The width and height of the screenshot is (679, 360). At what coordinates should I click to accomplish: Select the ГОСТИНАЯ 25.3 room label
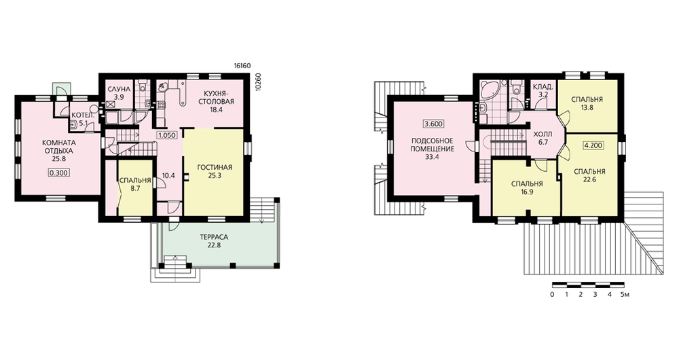point(215,172)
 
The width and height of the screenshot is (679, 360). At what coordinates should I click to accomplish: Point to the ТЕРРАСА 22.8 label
point(214,241)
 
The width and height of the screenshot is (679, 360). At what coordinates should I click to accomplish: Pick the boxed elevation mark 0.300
point(59,173)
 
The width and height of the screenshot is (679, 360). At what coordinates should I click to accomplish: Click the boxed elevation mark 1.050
point(167,135)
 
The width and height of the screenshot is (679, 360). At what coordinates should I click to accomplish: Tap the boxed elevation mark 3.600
point(433,124)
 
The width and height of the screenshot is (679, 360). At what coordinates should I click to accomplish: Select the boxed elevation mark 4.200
point(593,145)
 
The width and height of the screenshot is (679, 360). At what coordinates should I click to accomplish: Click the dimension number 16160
point(242,66)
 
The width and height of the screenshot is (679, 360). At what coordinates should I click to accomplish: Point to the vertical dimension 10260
point(259,81)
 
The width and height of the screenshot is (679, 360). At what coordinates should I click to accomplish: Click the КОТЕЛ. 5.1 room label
point(79,119)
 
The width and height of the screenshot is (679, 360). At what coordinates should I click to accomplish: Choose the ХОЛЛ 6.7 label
point(543,138)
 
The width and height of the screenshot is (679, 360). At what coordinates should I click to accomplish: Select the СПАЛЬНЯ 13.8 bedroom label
point(587,103)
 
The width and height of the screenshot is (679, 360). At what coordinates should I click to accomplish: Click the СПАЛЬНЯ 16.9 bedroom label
point(527,188)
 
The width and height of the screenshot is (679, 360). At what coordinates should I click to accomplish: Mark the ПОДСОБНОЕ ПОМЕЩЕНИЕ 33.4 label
point(432,149)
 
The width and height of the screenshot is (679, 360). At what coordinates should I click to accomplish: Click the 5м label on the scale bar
point(625,295)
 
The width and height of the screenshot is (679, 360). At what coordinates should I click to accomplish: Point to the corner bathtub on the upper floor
point(490,89)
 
